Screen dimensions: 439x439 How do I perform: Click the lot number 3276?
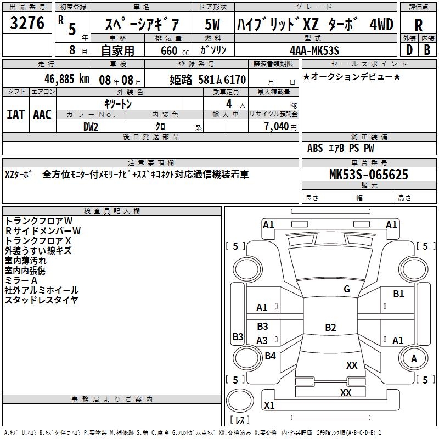pyautogui.click(x=27, y=24)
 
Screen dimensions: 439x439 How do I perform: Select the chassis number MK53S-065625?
pyautogui.click(x=368, y=175)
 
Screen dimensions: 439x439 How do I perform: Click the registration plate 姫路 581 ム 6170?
pyautogui.click(x=207, y=79)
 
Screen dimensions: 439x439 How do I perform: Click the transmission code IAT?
pyautogui.click(x=16, y=114)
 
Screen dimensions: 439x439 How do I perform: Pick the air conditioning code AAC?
pyautogui.click(x=42, y=114)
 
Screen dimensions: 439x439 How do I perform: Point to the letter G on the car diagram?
pyautogui.click(x=347, y=289)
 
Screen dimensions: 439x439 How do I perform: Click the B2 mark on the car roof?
pyautogui.click(x=330, y=328)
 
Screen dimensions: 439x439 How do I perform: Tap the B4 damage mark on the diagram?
pyautogui.click(x=270, y=356)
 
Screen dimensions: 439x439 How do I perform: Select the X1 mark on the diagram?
pyautogui.click(x=269, y=406)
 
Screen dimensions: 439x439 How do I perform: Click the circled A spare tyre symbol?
pyautogui.click(x=414, y=358)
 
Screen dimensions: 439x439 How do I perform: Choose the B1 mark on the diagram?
pyautogui.click(x=398, y=294)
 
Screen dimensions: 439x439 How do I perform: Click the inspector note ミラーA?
pyautogui.click(x=21, y=280)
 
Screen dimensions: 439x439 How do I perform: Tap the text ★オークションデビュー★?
pyautogui.click(x=351, y=76)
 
